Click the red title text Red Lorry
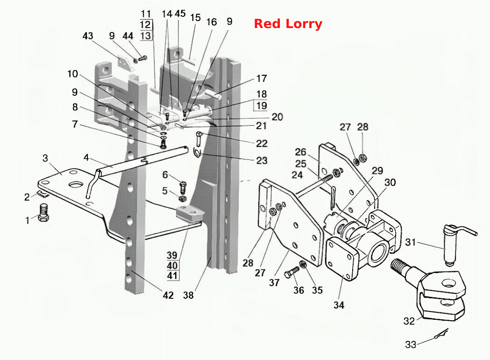pyautogui.click(x=288, y=24)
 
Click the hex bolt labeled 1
pyautogui.click(x=44, y=213)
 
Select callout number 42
pyautogui.click(x=168, y=295)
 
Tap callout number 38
pyautogui.click(x=188, y=295)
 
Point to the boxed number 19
pyautogui.click(x=261, y=106)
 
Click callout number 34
pyautogui.click(x=339, y=305)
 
